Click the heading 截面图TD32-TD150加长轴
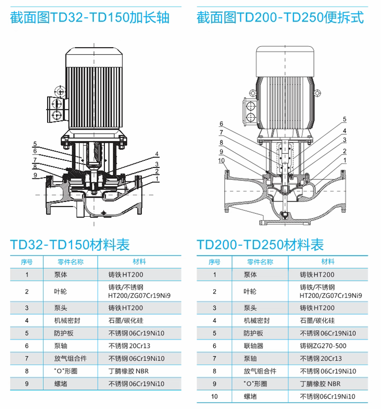[x=90, y=18]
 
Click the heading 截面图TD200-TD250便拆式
[x=280, y=18]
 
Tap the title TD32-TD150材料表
[x=70, y=245]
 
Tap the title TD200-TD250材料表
[x=260, y=245]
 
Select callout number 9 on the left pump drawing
[x=35, y=175]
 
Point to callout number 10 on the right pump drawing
[x=221, y=161]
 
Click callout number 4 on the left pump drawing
[x=157, y=154]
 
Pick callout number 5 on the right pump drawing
[x=344, y=119]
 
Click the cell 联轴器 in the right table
[x=253, y=346]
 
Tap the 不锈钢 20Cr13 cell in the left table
[x=130, y=346]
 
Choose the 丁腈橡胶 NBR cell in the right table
[x=320, y=384]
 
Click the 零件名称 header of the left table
[x=70, y=262]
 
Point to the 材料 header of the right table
[x=328, y=262]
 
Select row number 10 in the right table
[x=214, y=397]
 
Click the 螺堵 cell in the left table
[x=60, y=384]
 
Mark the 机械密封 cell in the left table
[x=67, y=321]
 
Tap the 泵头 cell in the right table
[x=250, y=308]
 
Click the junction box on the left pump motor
[x=55, y=109]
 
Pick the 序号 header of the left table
[x=27, y=262]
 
